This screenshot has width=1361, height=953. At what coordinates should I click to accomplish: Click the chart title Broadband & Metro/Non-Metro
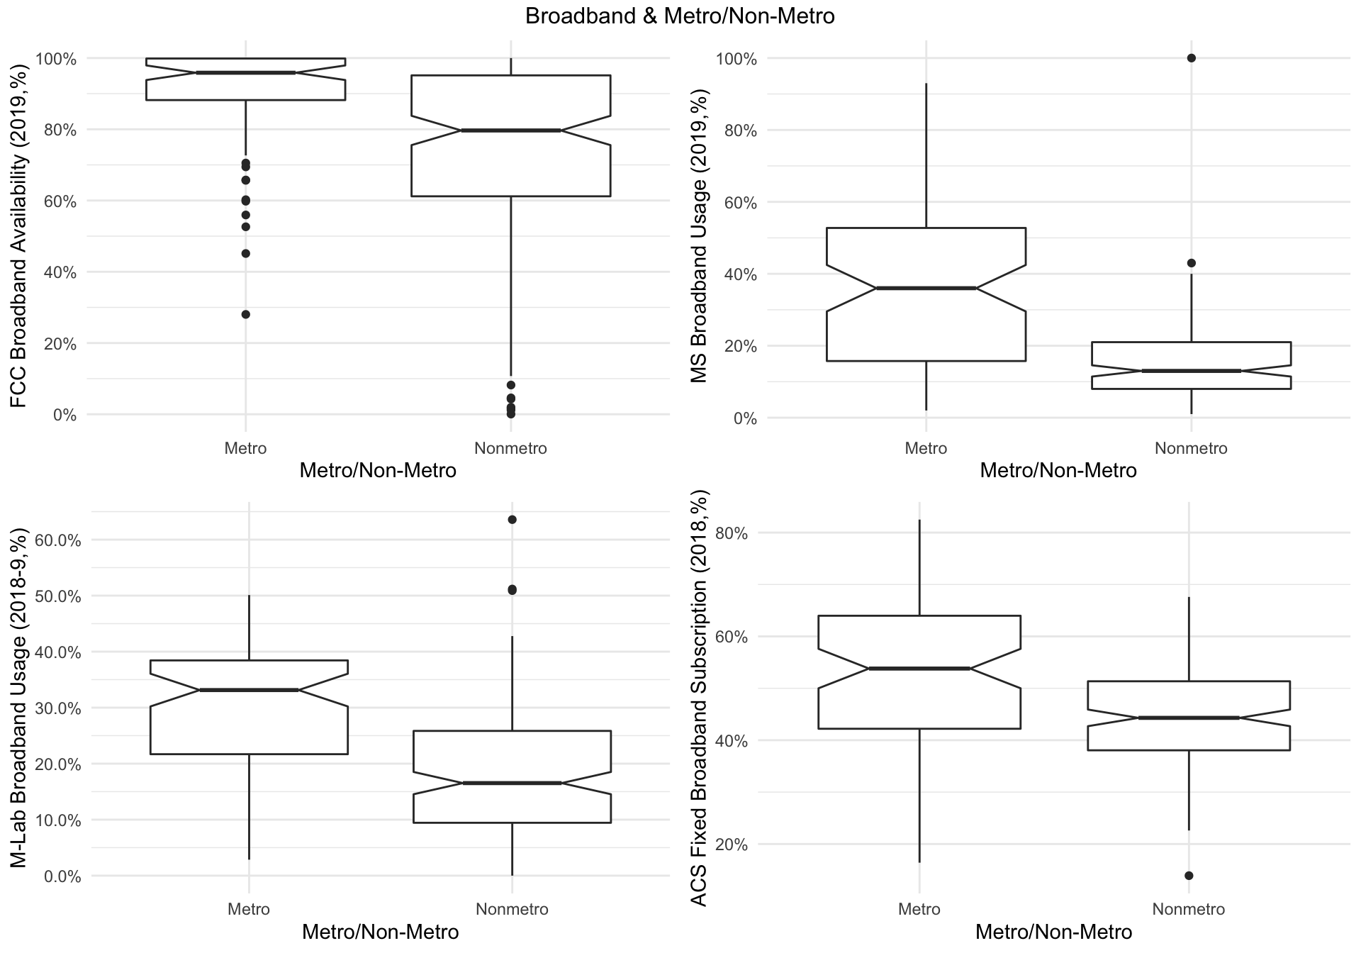pos(680,16)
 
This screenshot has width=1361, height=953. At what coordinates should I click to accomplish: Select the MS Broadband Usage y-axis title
pos(700,236)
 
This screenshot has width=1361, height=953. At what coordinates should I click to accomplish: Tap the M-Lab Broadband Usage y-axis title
pos(19,698)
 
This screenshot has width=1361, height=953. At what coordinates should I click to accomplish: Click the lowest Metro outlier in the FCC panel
pos(245,314)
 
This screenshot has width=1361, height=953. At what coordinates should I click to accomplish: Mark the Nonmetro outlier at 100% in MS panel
pos(1191,58)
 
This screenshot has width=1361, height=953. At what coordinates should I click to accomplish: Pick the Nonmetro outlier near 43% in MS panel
pos(1191,263)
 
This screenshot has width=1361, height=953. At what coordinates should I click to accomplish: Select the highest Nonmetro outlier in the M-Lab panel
pos(512,520)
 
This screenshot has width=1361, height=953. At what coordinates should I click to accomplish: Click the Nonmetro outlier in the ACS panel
pos(1189,875)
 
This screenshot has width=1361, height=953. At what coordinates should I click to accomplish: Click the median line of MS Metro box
pos(926,288)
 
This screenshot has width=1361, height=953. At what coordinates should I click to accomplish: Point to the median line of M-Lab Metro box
pos(249,690)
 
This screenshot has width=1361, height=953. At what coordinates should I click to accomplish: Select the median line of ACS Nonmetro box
pos(1189,718)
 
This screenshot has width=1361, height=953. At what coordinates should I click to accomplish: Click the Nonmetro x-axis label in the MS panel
pos(1191,448)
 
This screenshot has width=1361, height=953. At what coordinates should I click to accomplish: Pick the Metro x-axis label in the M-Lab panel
pos(249,909)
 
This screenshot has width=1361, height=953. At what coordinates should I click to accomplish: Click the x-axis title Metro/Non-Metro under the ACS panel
pos(1053,932)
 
